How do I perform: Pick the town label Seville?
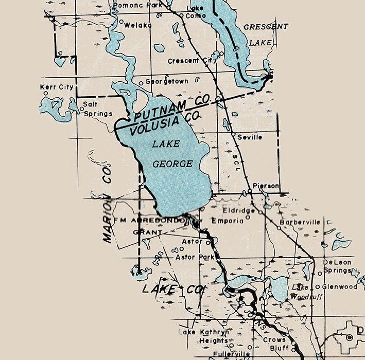coord(250,137)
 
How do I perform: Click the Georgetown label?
coord(166,81)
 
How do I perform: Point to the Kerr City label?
coord(57,87)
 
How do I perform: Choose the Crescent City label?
coord(192,61)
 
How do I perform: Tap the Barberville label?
coord(300,222)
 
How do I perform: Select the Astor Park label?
coord(195,257)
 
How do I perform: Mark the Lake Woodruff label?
coord(300,292)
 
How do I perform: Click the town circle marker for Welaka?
coord(121,22)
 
